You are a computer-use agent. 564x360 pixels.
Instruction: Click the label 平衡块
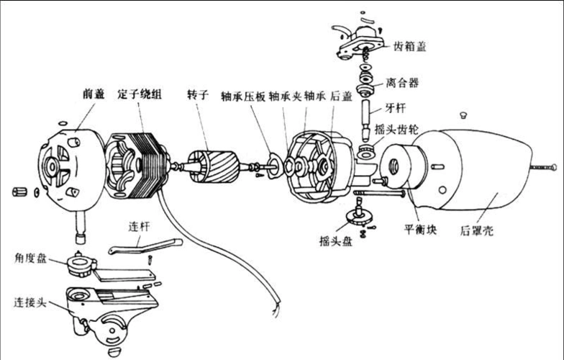tap(419, 230)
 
